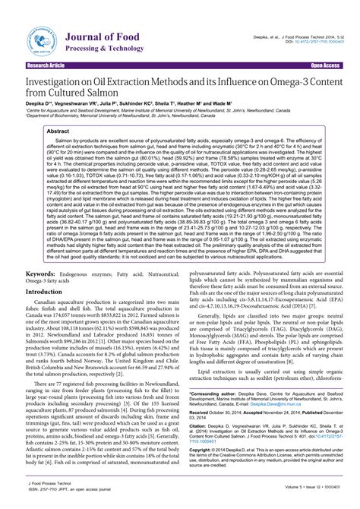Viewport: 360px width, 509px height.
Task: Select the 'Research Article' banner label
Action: (46, 66)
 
